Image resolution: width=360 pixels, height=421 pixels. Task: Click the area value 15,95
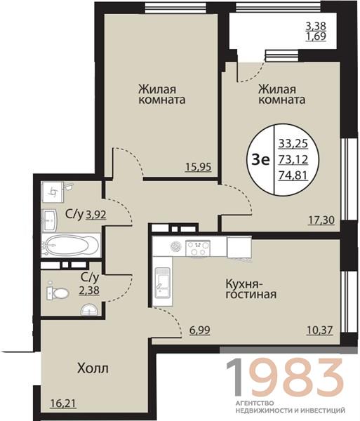coord(199,167)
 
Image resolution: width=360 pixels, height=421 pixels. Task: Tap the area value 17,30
coord(321,220)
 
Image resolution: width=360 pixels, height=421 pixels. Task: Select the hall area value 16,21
coord(63,403)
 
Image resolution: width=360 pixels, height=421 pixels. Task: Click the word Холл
coord(93,368)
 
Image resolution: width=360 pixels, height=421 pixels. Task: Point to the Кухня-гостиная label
coord(251,289)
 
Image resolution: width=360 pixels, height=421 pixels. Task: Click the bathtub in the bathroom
coord(71,246)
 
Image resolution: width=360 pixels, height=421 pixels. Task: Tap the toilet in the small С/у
coord(58,293)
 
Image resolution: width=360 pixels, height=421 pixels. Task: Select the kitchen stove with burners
coord(198,248)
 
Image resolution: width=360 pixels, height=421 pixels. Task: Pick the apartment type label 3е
coord(260,160)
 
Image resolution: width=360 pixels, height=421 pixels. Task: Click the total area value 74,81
coord(293,175)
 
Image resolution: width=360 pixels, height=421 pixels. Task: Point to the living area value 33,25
coord(293,144)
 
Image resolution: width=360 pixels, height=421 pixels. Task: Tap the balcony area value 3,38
coord(316,26)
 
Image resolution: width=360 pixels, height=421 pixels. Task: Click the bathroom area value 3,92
coord(96,215)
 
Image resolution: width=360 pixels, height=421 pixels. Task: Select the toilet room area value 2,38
coord(89,290)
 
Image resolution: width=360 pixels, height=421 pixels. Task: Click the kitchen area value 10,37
coord(319,330)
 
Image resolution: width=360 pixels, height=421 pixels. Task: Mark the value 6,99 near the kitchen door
coord(200,330)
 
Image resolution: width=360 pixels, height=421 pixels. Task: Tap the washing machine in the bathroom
coord(53,192)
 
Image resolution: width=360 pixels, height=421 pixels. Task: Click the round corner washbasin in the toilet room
coord(89,310)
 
